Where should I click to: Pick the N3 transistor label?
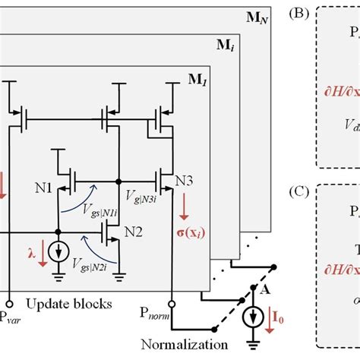pos(184,181)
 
